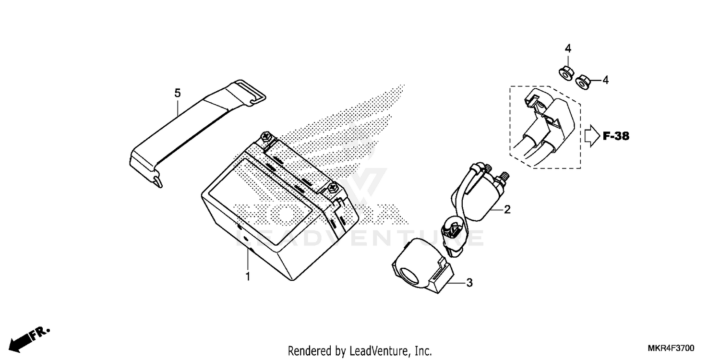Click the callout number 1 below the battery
(248, 276)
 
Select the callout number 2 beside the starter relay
(507, 210)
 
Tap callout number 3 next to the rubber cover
(469, 283)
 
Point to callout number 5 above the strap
(178, 93)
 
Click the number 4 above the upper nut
(568, 48)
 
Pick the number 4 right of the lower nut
(606, 80)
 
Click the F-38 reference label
(616, 136)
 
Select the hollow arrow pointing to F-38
(592, 136)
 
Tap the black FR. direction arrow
(29, 340)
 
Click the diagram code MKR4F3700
(671, 348)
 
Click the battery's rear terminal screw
(266, 136)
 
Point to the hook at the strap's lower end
(157, 181)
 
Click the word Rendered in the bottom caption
(309, 351)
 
